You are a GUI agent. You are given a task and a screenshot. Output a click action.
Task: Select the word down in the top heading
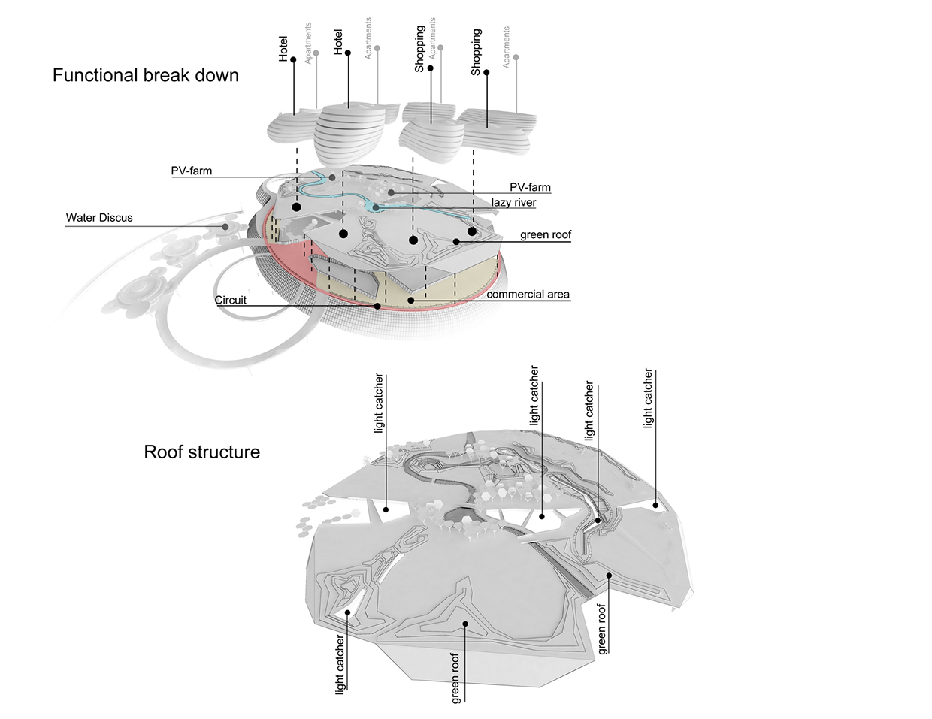click(x=216, y=75)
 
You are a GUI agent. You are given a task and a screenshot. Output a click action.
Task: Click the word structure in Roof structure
click(x=224, y=452)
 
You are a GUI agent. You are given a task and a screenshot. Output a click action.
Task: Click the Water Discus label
click(x=99, y=218)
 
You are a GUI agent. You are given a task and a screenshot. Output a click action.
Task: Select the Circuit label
click(x=231, y=300)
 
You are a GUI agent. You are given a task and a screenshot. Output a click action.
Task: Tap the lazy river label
click(x=513, y=202)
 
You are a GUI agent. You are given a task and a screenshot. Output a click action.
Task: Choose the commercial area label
click(x=528, y=294)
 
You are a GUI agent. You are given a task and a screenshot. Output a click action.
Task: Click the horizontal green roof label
click(x=546, y=234)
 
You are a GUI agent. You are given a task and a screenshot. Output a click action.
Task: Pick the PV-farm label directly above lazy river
click(x=530, y=187)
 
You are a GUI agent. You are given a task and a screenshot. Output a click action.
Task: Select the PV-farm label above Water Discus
click(x=192, y=171)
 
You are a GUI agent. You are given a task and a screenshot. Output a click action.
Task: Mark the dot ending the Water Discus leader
click(x=225, y=226)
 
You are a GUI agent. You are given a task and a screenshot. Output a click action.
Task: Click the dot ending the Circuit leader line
click(x=377, y=306)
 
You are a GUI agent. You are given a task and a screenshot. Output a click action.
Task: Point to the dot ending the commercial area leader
click(x=410, y=300)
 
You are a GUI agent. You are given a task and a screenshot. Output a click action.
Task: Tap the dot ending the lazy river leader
click(x=375, y=207)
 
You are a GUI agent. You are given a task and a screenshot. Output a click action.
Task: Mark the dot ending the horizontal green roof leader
click(x=456, y=241)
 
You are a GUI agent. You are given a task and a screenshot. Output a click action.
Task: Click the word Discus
click(x=115, y=218)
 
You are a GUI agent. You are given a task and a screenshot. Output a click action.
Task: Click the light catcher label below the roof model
click(x=340, y=664)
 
